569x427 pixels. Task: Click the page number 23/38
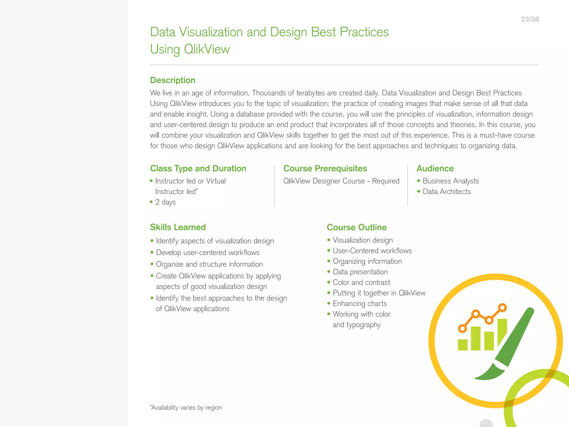point(530,19)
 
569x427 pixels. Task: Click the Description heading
point(173,80)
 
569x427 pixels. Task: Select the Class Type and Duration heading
point(198,168)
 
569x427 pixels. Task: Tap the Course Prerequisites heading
point(325,168)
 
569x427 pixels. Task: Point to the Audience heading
point(435,168)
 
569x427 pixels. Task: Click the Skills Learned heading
point(178,227)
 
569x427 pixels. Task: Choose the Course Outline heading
point(357,227)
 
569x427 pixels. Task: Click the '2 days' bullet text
point(165,202)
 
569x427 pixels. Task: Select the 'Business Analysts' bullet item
point(451,181)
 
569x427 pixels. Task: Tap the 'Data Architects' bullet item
point(446,192)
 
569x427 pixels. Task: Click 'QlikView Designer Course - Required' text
point(341,181)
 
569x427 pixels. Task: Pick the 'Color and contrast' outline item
point(361,282)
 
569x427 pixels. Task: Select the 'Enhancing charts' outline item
point(360,304)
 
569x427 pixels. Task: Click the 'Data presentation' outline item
point(360,272)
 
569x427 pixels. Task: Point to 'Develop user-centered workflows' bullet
point(208,252)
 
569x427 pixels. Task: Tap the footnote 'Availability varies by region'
point(186,408)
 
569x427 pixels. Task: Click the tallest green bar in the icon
point(502,331)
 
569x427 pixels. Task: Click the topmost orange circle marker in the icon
point(502,308)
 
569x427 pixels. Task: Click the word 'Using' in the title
point(165,49)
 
